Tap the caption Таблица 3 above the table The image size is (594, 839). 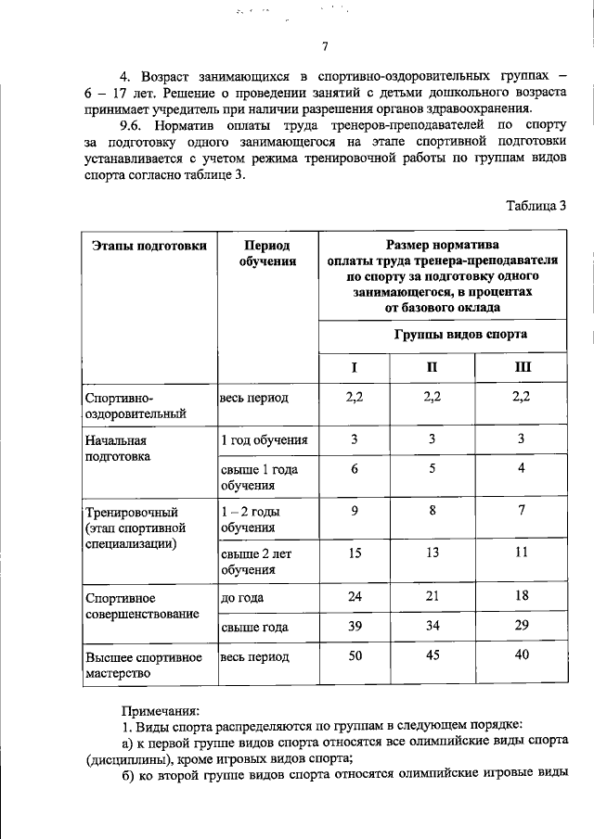click(x=536, y=205)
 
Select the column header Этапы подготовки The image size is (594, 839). click(x=136, y=246)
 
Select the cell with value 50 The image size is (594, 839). click(x=354, y=656)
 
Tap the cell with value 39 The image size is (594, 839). click(x=354, y=627)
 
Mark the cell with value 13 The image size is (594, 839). click(x=432, y=553)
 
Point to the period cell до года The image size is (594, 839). click(x=241, y=598)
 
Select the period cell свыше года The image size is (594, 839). click(x=253, y=628)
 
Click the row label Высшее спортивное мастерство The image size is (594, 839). click(x=143, y=665)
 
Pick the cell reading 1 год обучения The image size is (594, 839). click(x=265, y=440)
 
